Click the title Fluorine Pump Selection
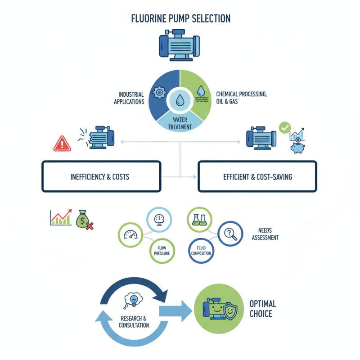point(180,18)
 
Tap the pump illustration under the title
point(180,45)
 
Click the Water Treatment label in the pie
point(180,123)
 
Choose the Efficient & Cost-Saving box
point(257,176)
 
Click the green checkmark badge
point(284,128)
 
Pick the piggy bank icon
point(297,147)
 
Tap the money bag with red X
point(84,219)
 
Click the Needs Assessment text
point(265,234)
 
